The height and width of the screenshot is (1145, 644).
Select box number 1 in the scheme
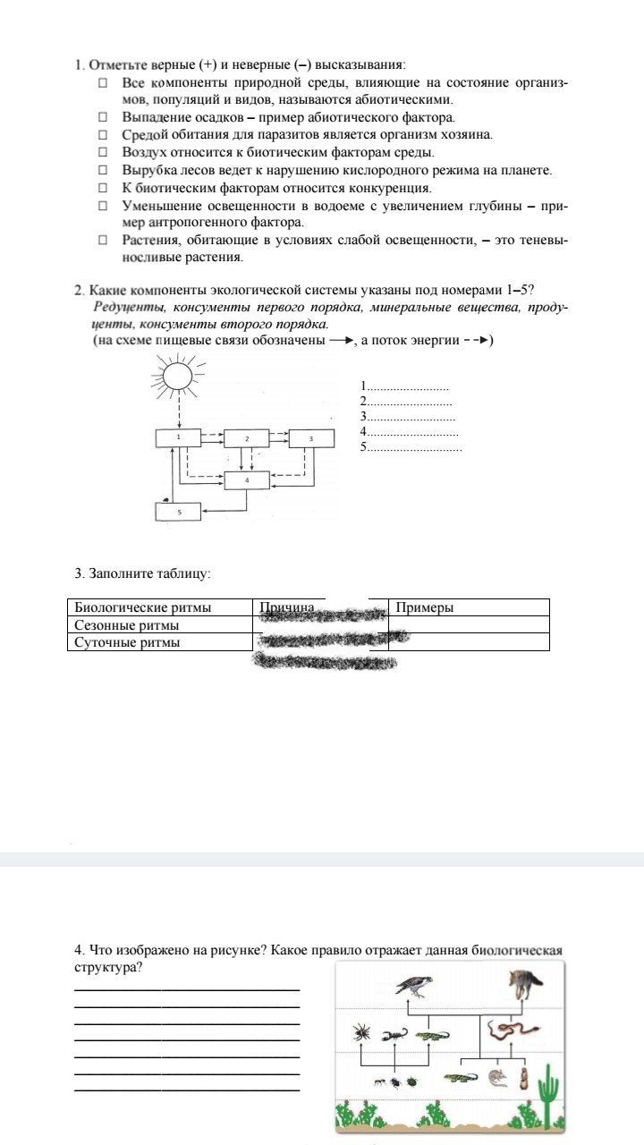pyautogui.click(x=179, y=437)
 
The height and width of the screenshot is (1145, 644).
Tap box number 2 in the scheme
pyautogui.click(x=246, y=438)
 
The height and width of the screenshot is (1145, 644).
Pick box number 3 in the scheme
pyautogui.click(x=310, y=438)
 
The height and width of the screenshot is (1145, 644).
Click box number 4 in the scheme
pyautogui.click(x=246, y=480)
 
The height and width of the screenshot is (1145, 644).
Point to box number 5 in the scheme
pyautogui.click(x=178, y=511)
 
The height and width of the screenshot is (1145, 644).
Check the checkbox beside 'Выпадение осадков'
pyautogui.click(x=103, y=117)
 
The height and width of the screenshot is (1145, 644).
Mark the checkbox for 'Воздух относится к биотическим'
pyautogui.click(x=103, y=152)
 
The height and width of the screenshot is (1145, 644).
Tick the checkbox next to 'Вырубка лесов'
pyautogui.click(x=103, y=170)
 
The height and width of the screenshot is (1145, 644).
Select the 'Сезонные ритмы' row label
pyautogui.click(x=127, y=625)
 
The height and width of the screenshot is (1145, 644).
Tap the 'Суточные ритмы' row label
pyautogui.click(x=127, y=642)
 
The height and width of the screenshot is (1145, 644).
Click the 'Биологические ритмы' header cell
pyautogui.click(x=143, y=607)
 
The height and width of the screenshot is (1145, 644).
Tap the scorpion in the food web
pyautogui.click(x=393, y=1036)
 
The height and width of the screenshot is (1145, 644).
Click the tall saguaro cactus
pyautogui.click(x=548, y=1092)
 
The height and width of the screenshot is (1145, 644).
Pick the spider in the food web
pyautogui.click(x=362, y=1032)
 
